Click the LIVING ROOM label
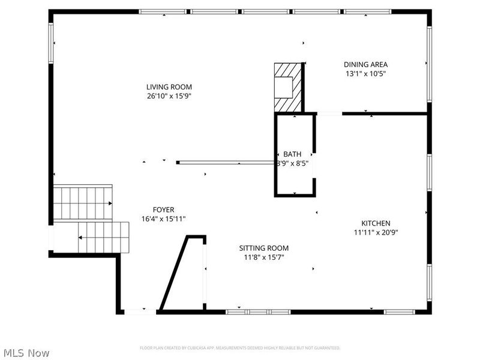tap(169, 87)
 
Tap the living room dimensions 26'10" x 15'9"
tap(169, 96)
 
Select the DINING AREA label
tap(365, 65)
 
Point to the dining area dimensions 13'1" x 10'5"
tap(365, 74)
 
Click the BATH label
tap(293, 154)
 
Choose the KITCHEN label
tap(376, 223)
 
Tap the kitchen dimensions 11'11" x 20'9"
tap(376, 232)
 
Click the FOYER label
tap(164, 209)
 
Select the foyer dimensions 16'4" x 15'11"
tap(164, 219)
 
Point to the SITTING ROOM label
tap(264, 248)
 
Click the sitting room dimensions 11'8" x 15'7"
tap(264, 257)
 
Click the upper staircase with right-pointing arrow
tap(83, 203)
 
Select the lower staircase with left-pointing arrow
tap(104, 238)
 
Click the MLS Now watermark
tap(26, 353)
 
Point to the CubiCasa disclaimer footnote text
tap(240, 348)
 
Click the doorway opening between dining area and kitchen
tap(329, 113)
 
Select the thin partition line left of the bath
tap(226, 162)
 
